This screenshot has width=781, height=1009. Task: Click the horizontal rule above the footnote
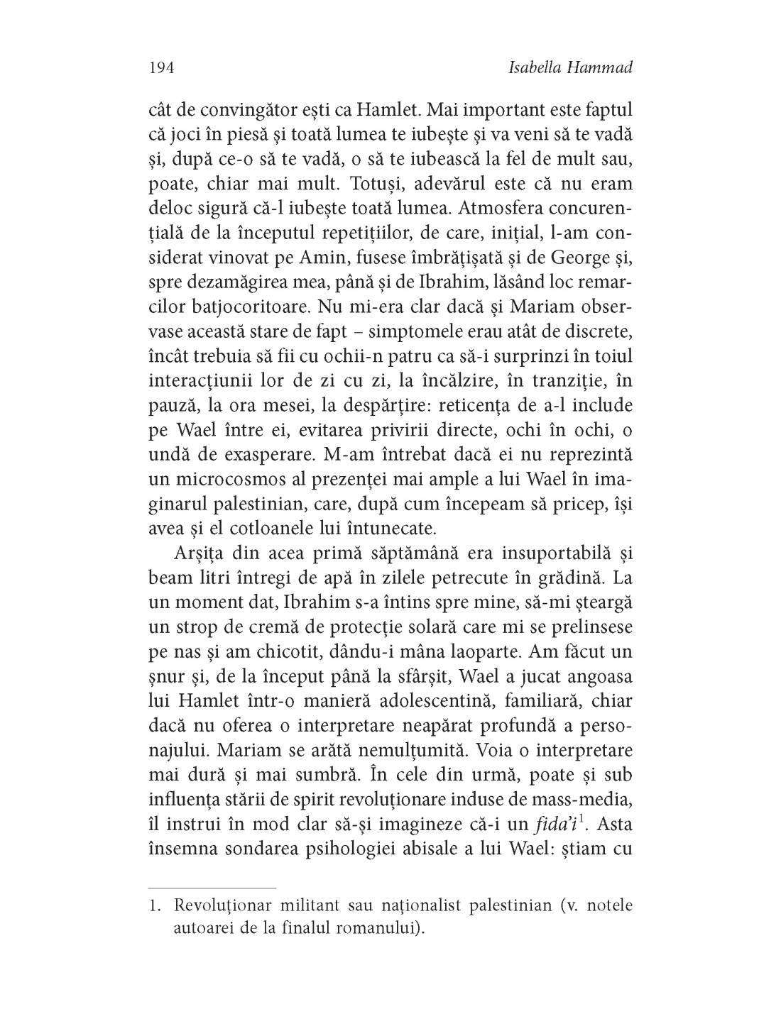click(x=212, y=888)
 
